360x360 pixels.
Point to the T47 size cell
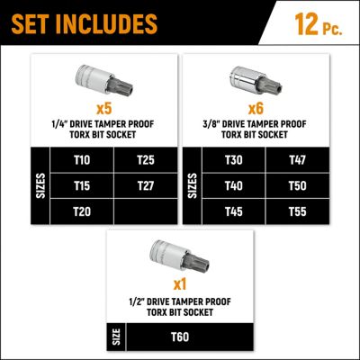tap(298, 159)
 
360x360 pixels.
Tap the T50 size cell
tap(298, 184)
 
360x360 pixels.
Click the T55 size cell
tap(298, 210)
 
